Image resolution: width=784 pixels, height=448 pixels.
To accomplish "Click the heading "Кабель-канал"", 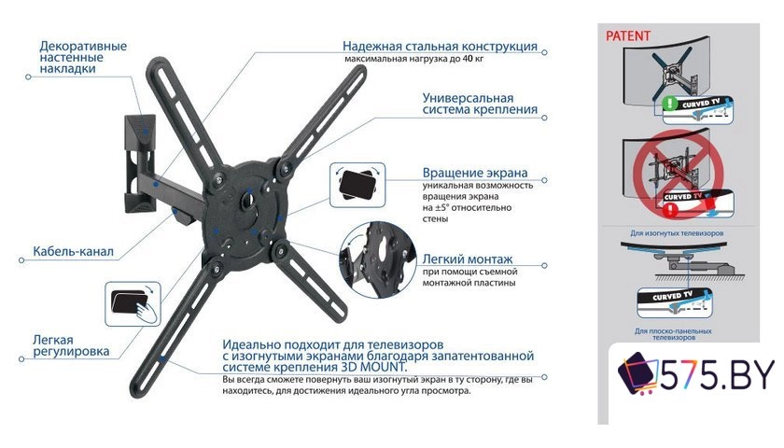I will coord(75,251).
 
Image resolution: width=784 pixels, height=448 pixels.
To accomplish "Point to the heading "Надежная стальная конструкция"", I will coord(440,46).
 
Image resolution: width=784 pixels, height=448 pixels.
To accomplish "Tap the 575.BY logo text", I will coord(714,376).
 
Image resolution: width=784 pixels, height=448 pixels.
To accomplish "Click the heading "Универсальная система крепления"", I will coord(480,103).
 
